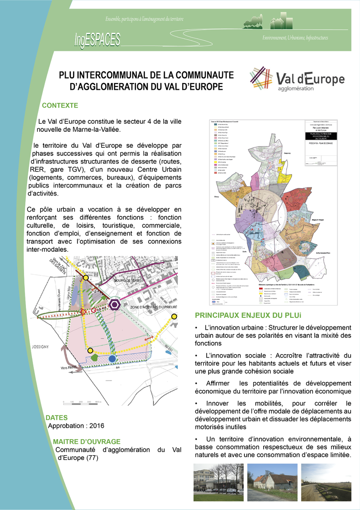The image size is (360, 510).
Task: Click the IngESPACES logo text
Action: click(x=97, y=39)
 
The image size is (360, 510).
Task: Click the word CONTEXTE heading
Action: click(x=60, y=105)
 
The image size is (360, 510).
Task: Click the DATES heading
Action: click(x=57, y=417)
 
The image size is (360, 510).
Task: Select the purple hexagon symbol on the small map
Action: click(x=114, y=305)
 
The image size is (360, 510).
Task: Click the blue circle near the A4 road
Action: click(x=112, y=359)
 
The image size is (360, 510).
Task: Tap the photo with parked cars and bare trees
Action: click(x=219, y=482)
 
